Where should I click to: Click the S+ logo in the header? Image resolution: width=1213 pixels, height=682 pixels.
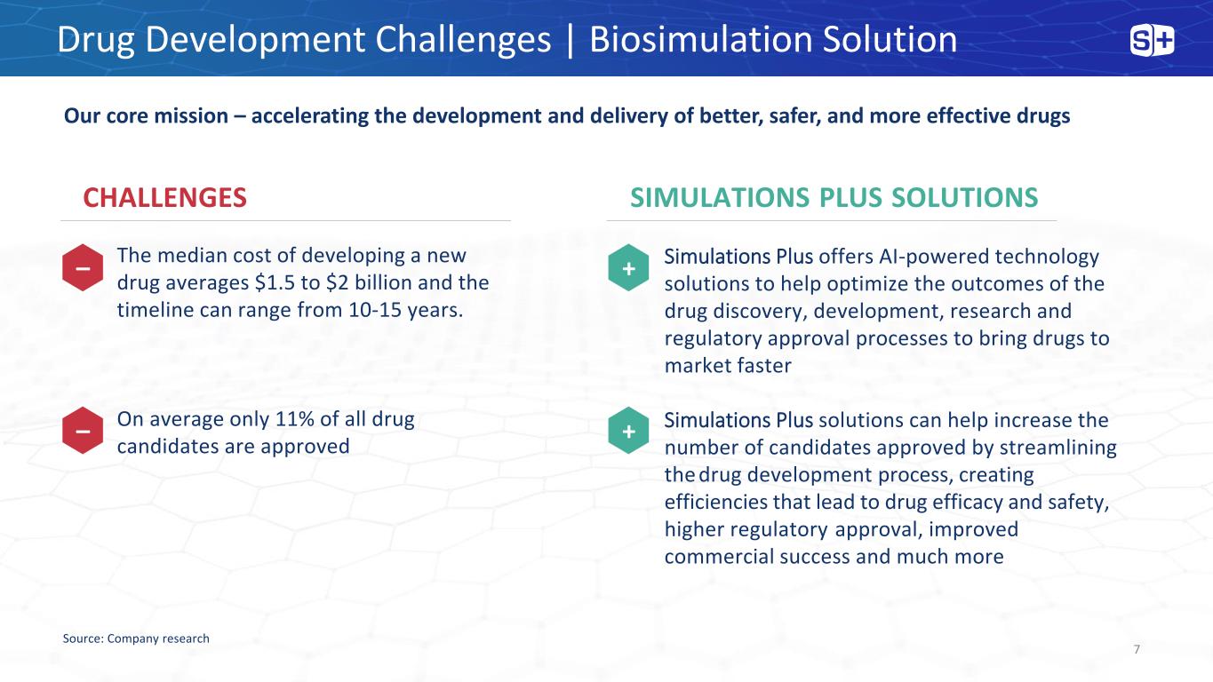tap(1152, 41)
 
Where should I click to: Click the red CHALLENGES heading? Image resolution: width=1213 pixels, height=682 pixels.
tap(164, 197)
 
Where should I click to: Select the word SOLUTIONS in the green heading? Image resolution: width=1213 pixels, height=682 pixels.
tap(964, 197)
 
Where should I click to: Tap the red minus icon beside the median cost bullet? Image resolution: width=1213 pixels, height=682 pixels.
tap(83, 268)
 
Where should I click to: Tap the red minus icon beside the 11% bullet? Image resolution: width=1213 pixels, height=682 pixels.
tap(83, 431)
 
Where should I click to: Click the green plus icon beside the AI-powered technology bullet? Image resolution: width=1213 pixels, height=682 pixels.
tap(628, 268)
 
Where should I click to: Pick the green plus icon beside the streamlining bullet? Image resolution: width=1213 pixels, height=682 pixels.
tap(628, 431)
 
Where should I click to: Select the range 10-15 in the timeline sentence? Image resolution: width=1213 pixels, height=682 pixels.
tap(375, 310)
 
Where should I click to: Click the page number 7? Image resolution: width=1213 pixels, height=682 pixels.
tap(1137, 649)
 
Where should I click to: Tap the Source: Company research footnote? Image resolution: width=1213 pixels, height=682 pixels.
tap(136, 638)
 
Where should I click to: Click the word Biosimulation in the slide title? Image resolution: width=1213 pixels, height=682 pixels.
tap(701, 39)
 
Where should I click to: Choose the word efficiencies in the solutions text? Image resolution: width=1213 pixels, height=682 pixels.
tap(715, 502)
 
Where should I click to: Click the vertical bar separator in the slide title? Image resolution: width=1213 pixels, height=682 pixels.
tap(571, 40)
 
